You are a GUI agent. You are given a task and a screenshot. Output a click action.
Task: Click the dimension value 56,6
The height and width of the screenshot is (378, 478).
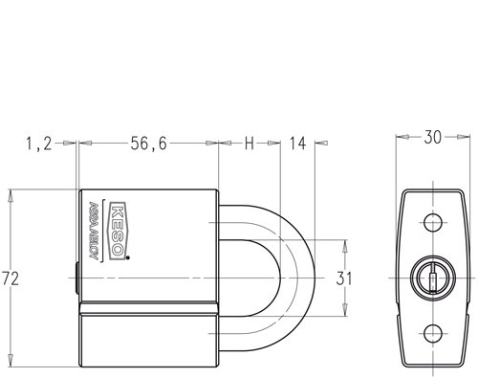click(x=148, y=144)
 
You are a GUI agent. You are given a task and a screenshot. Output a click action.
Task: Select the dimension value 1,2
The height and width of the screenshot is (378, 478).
click(x=38, y=144)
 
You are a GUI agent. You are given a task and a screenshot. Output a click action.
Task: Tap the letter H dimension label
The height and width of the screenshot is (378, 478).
click(x=250, y=144)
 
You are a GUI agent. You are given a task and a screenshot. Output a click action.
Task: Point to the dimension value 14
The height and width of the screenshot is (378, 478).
click(x=298, y=144)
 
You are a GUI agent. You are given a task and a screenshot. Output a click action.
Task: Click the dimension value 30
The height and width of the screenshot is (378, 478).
click(x=432, y=138)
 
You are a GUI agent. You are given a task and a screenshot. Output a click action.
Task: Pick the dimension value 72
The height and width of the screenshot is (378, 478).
click(x=11, y=278)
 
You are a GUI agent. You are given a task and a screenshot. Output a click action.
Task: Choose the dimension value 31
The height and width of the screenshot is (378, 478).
click(x=344, y=278)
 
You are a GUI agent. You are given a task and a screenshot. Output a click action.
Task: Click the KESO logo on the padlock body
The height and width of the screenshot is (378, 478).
click(x=118, y=231)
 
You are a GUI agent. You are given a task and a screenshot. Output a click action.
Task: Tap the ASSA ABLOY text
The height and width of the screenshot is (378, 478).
click(x=93, y=231)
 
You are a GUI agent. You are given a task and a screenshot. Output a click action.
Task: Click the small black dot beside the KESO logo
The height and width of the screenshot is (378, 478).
click(x=128, y=257)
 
